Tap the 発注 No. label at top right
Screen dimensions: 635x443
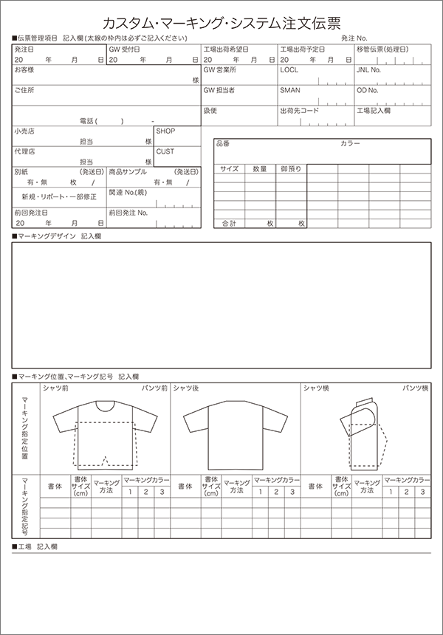[354, 37]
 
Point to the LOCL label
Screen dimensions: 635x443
[289, 70]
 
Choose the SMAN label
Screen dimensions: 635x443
[289, 90]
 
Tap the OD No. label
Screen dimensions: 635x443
[367, 90]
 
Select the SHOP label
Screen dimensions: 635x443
[165, 131]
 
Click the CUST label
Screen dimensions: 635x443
[165, 151]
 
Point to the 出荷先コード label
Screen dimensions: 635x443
[299, 111]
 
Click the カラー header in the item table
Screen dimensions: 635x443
[350, 144]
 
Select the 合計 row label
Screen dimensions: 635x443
[228, 223]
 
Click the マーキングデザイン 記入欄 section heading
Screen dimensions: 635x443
[59, 236]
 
